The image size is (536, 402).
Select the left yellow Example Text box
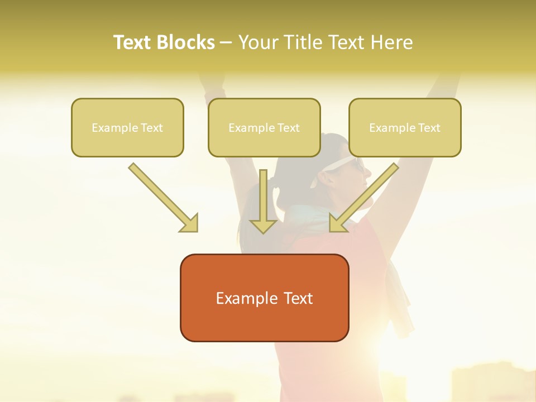pyautogui.click(x=127, y=128)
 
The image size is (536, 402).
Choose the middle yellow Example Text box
pyautogui.click(x=264, y=128)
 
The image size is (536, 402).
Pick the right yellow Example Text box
pyautogui.click(x=405, y=128)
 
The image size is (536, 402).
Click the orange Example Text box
pyautogui.click(x=264, y=298)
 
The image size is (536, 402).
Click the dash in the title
pyautogui.click(x=226, y=42)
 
